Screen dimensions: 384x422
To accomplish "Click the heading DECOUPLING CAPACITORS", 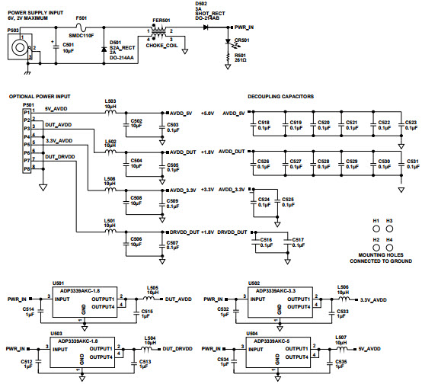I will (281, 97).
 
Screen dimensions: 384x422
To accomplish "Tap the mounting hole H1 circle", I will (376, 229).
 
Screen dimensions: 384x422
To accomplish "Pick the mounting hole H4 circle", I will (390, 248).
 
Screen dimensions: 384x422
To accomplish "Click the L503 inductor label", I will (110, 101).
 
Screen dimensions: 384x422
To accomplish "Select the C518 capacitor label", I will (264, 122).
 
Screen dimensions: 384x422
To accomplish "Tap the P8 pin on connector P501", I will (27, 169).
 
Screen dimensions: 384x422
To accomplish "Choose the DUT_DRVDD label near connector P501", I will (59, 156).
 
